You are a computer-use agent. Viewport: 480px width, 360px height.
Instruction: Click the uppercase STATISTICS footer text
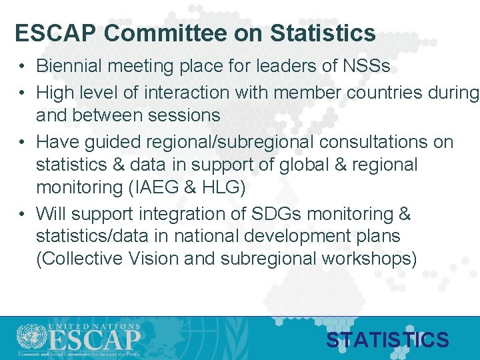[x=387, y=341]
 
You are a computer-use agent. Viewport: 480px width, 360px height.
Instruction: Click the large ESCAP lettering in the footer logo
[x=93, y=341]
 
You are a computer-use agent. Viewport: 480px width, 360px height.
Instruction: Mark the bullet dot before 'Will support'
[x=22, y=214]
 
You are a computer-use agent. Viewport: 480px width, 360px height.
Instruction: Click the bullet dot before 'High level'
[x=22, y=92]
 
